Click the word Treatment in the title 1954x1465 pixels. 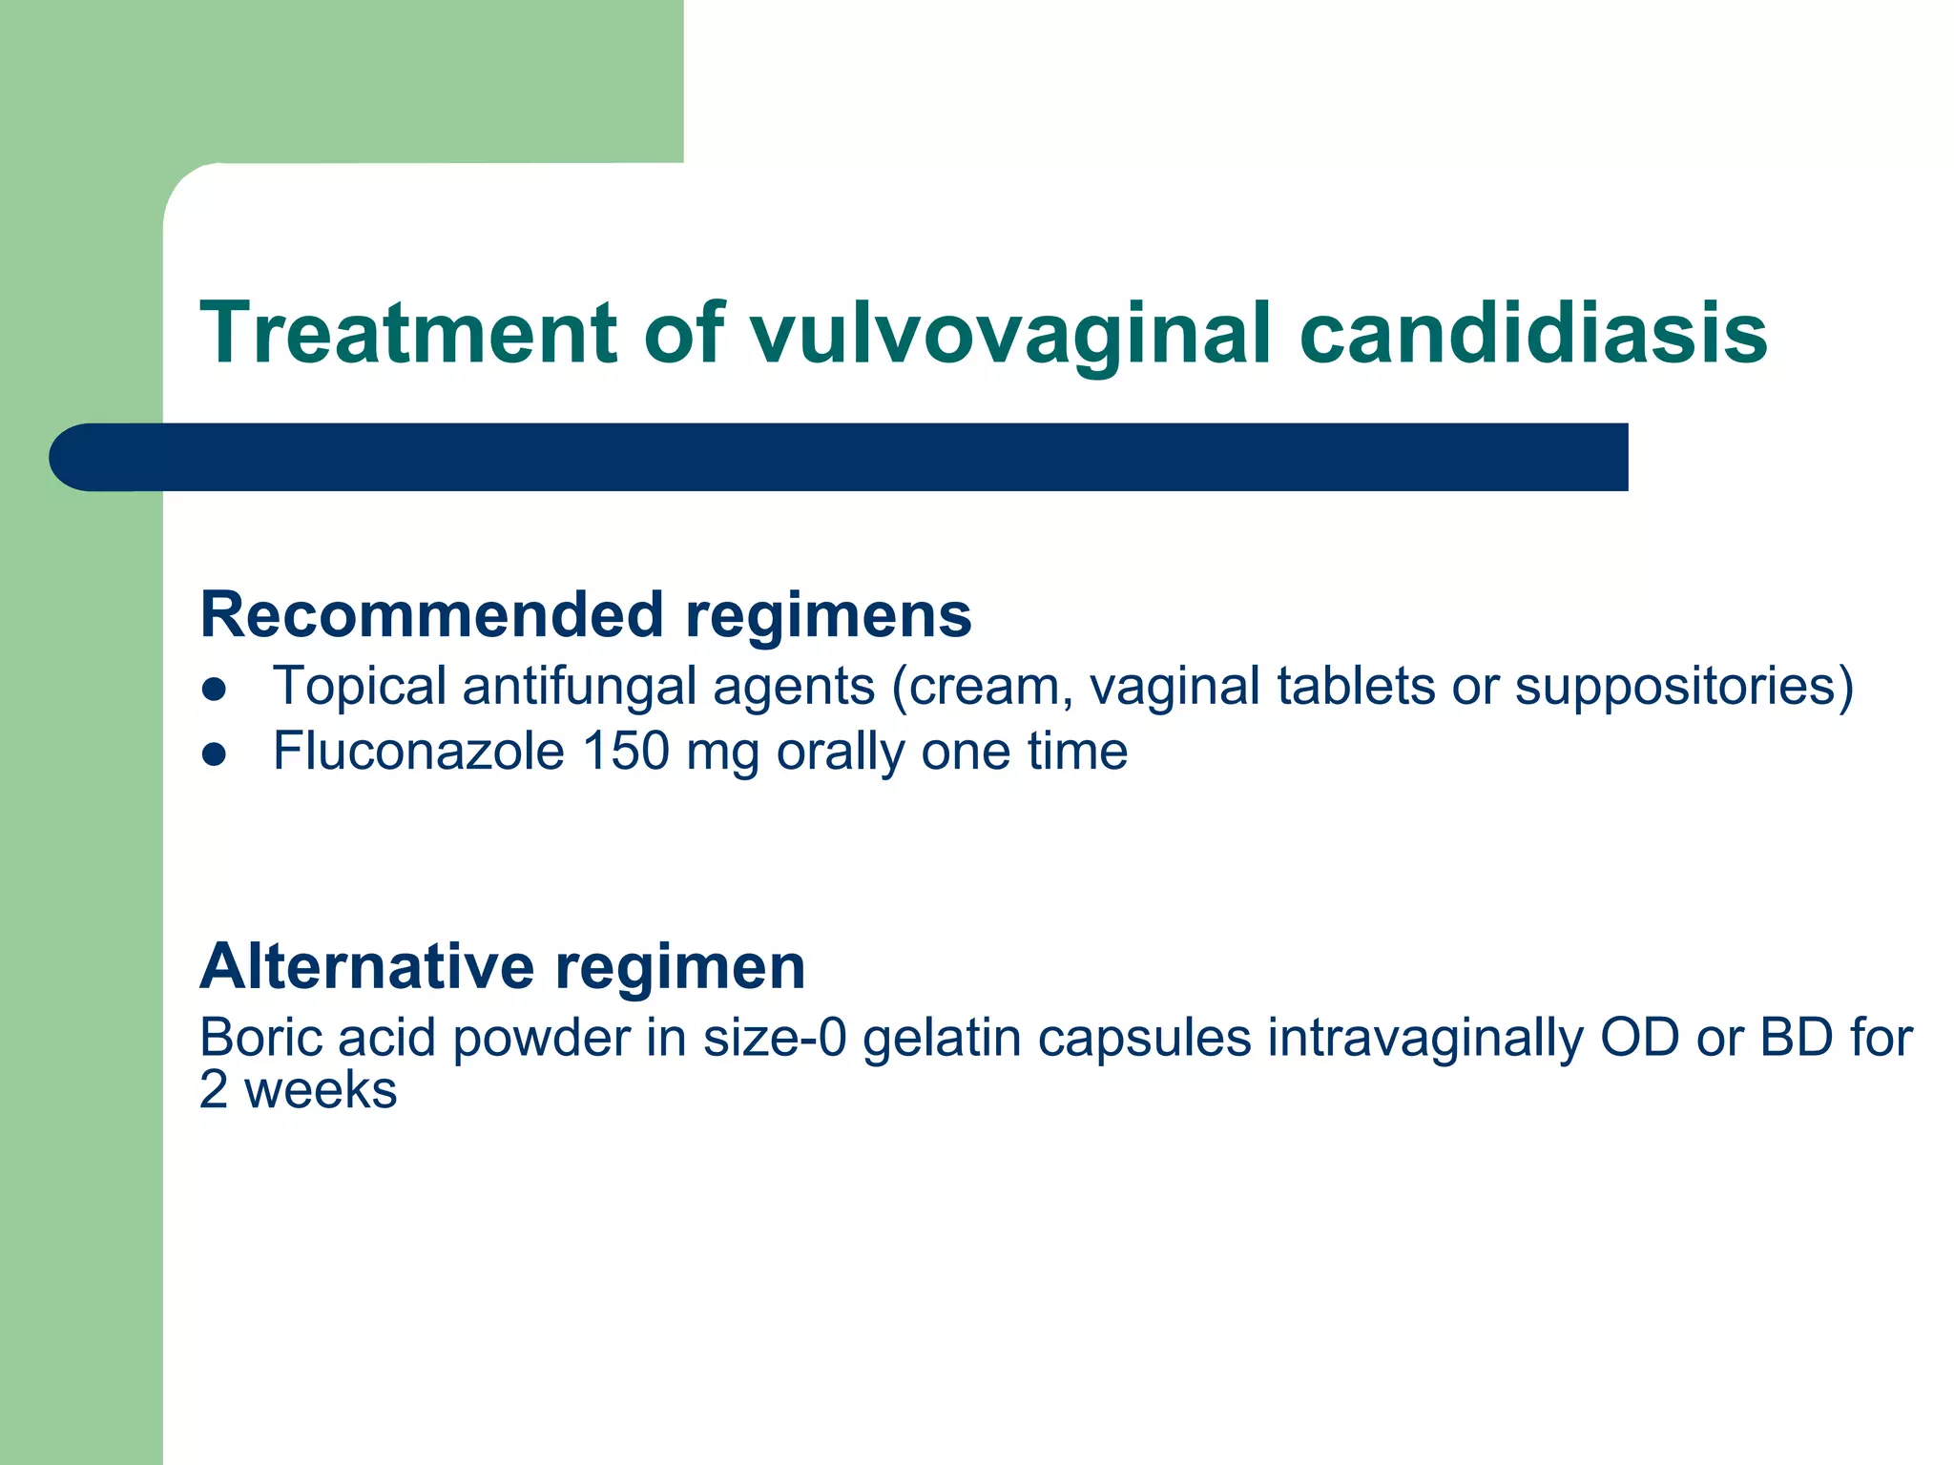point(408,333)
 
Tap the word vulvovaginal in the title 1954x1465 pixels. point(1009,333)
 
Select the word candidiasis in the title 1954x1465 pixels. point(1532,333)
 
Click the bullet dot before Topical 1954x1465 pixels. point(215,690)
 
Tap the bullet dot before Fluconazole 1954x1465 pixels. point(215,754)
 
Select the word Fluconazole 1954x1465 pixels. point(419,752)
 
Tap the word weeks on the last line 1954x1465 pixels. point(321,1090)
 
